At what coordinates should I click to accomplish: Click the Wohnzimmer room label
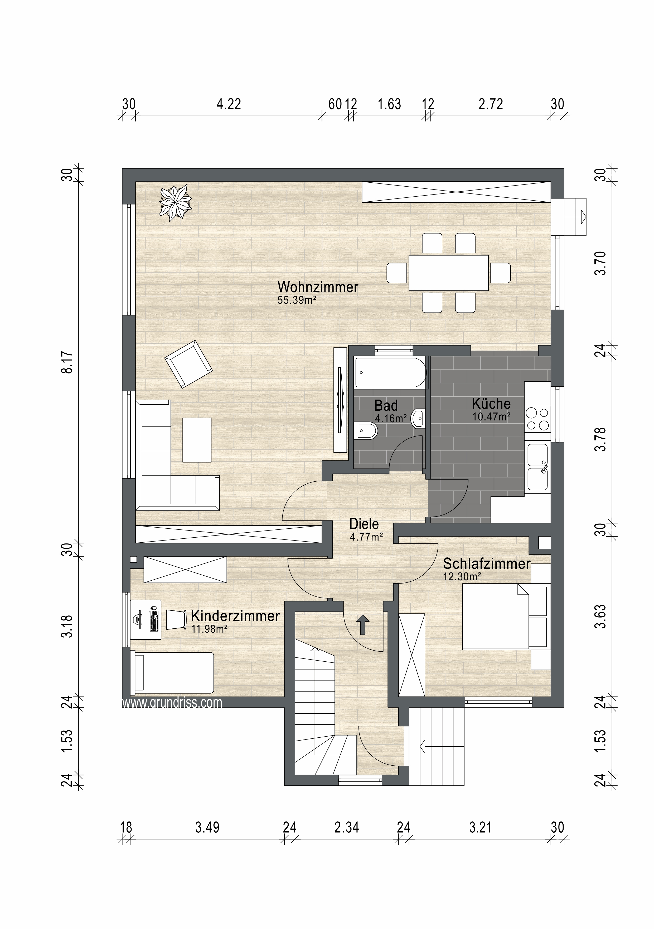[318, 287]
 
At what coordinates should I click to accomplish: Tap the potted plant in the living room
[175, 202]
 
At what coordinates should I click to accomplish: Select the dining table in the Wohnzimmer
[448, 273]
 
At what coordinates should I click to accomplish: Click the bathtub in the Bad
[390, 372]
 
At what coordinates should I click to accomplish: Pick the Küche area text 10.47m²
[491, 417]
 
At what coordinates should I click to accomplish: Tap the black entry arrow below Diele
[362, 625]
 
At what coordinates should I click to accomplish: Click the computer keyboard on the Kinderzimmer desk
[153, 619]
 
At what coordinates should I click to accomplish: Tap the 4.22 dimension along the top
[229, 105]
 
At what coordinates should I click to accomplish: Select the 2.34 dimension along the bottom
[346, 828]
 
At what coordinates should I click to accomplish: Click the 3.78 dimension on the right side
[601, 439]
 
